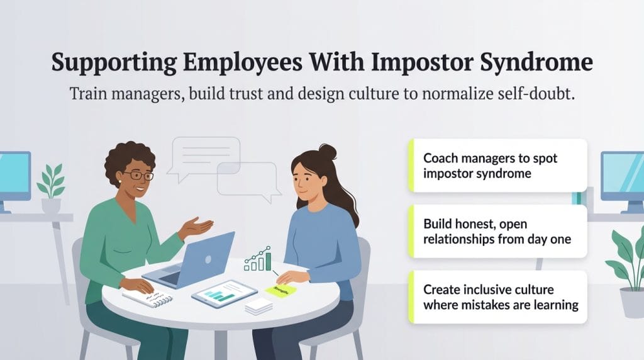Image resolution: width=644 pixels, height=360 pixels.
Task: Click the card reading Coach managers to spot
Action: tap(497, 166)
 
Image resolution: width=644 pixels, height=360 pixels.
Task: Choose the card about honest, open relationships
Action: tap(497, 231)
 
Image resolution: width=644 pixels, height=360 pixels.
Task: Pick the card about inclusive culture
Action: tap(497, 297)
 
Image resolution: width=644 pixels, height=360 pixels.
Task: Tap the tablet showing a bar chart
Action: tap(225, 293)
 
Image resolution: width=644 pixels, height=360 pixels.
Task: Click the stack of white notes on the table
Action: tap(258, 307)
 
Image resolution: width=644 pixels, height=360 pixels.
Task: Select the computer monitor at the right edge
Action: tap(623, 176)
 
